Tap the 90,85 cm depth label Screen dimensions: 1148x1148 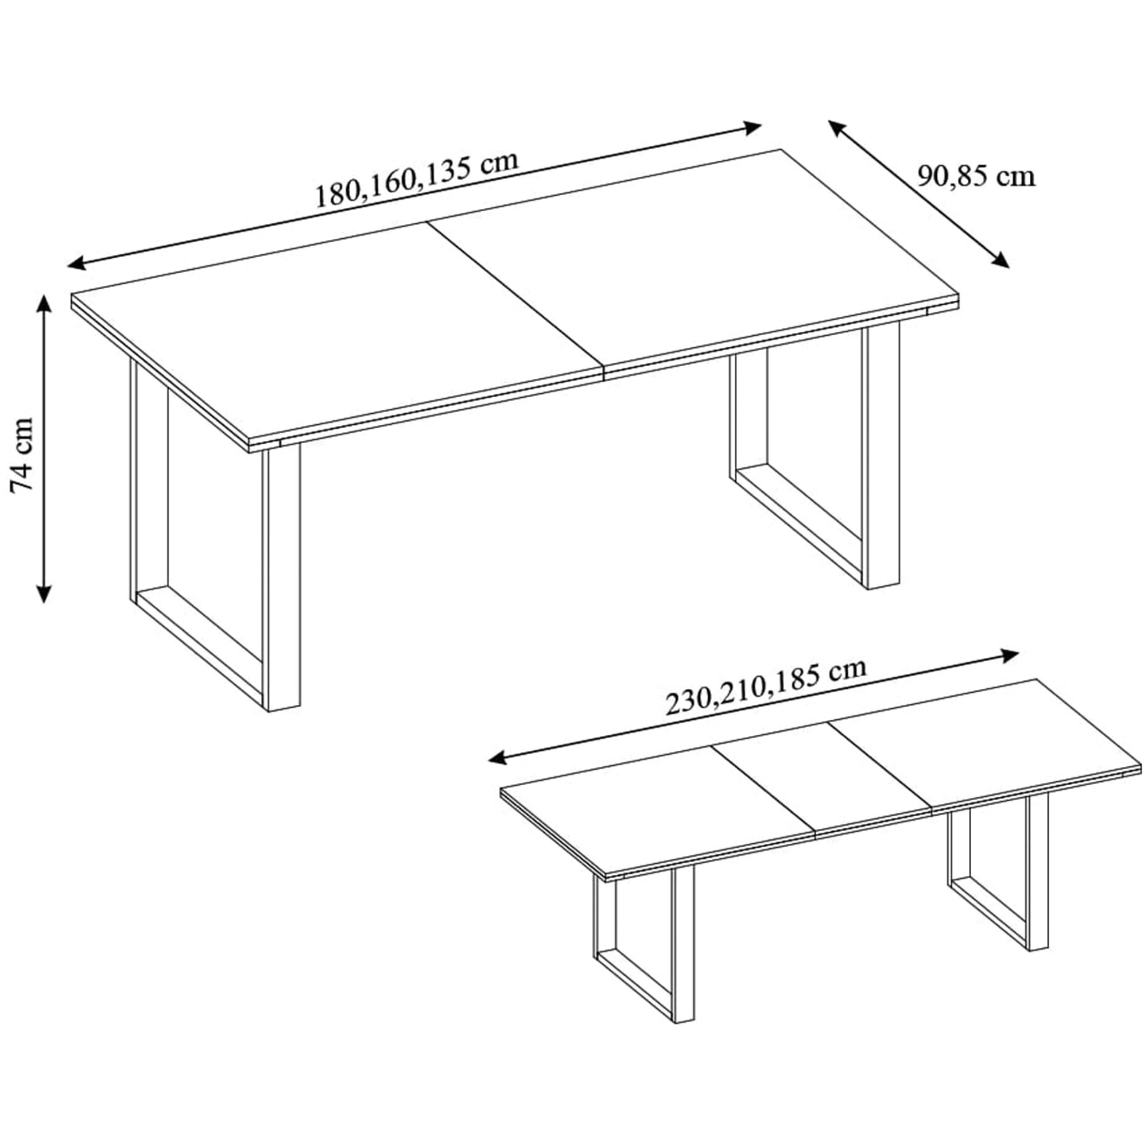(x=976, y=176)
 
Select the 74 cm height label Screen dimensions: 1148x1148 (x=23, y=455)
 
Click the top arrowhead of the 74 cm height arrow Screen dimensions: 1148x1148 (x=44, y=302)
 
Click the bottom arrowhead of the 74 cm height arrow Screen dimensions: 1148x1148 (x=44, y=594)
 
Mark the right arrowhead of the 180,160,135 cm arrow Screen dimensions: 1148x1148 (x=754, y=127)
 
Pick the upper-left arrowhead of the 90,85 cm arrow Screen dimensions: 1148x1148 (x=837, y=128)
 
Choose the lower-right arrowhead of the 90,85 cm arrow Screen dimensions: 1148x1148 (x=1001, y=260)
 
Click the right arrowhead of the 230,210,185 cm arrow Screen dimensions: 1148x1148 (x=1011, y=656)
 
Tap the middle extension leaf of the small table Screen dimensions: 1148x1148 (x=822, y=778)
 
